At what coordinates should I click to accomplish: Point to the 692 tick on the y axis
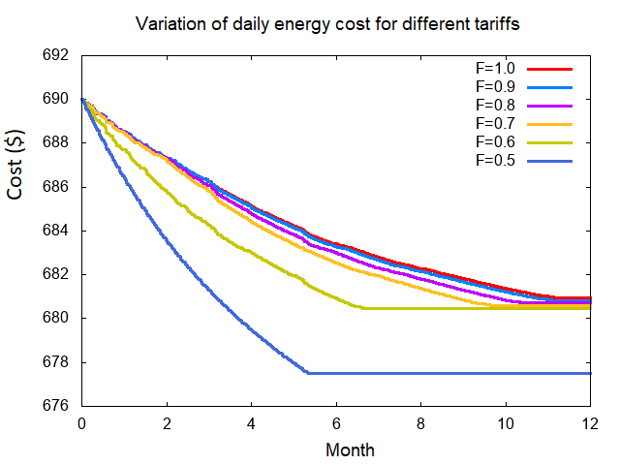point(55,55)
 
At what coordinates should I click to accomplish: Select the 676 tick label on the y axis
point(55,407)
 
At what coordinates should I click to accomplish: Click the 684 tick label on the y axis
point(55,231)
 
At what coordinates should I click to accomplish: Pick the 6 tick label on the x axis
point(336,424)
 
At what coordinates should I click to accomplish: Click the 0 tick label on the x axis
point(81,424)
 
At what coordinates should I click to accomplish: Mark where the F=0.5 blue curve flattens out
point(308,372)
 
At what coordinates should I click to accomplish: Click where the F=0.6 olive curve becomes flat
point(363,308)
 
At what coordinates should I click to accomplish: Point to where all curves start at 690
point(82,99)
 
